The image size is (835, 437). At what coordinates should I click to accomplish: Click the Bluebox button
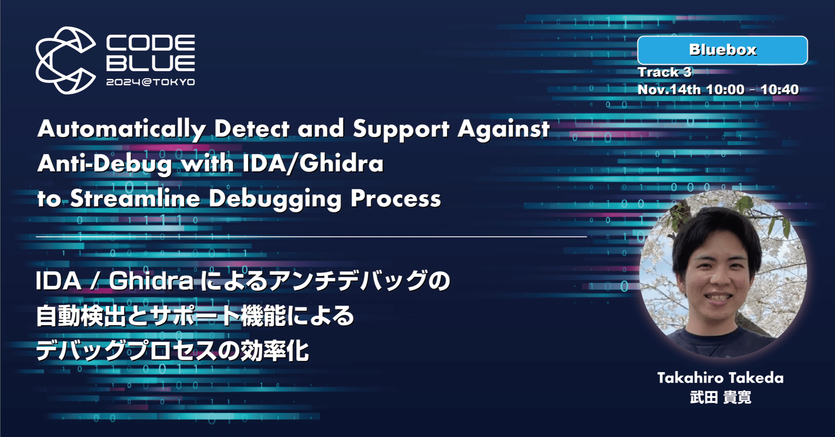coord(722,50)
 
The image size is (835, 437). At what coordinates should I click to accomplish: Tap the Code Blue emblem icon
coord(65,60)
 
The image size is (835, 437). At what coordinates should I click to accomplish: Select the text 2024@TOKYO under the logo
coord(151,82)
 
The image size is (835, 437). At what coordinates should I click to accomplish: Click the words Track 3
coord(664,72)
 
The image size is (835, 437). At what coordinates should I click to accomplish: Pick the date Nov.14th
coord(669,90)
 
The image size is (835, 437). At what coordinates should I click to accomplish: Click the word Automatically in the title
coord(121,129)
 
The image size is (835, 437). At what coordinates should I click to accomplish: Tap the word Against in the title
coord(503,129)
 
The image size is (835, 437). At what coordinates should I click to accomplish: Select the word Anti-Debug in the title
coord(105,164)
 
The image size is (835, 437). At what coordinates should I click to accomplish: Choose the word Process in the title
coord(396,198)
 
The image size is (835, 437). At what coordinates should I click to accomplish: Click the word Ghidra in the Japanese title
coord(151,281)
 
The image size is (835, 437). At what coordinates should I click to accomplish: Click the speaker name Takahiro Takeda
coord(720,378)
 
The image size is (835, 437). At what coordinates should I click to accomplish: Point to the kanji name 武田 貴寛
coord(721,397)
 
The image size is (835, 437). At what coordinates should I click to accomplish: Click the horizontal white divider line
coord(311,237)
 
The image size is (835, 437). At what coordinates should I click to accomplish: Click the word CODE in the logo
coord(151,43)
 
